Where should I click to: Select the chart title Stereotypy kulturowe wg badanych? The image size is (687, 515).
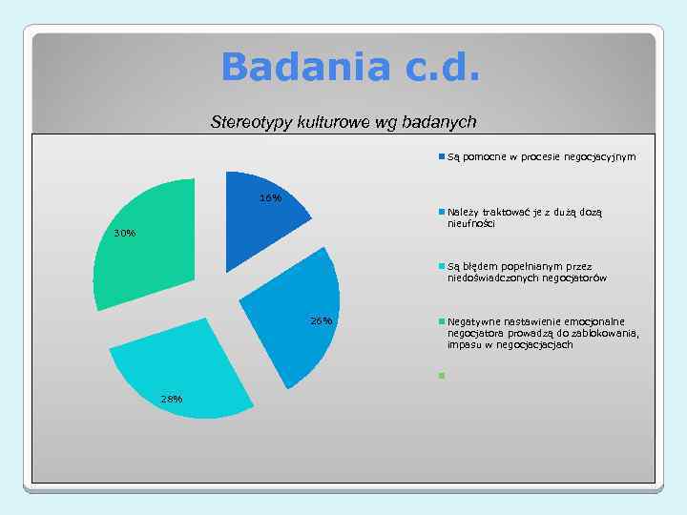tap(343, 122)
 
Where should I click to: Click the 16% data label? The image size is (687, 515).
tap(271, 198)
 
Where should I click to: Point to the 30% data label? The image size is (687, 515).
tap(124, 234)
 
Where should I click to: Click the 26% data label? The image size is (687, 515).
tap(322, 320)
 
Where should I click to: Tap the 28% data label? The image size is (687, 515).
tap(172, 399)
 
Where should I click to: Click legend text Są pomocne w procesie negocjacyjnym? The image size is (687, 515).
tap(541, 156)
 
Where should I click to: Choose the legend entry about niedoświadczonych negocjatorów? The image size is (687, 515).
tap(527, 273)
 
